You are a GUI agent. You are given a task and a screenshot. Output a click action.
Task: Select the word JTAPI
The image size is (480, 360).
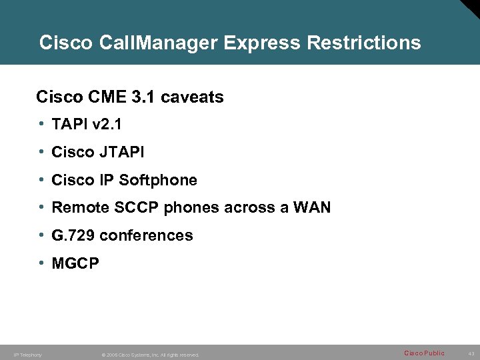pos(122,153)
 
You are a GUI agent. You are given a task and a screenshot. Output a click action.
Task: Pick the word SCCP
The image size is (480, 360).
pos(136,208)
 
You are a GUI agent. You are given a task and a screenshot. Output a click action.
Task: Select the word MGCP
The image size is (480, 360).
pos(75,264)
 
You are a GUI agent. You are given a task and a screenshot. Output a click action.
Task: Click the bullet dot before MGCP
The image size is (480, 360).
pos(42,263)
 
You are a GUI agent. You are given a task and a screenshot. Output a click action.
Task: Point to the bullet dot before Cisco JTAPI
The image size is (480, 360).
pos(42,152)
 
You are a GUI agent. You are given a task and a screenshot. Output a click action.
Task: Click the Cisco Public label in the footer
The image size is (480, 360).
pos(424,353)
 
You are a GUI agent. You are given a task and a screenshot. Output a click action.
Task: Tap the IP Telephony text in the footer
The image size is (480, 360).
pos(27,355)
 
